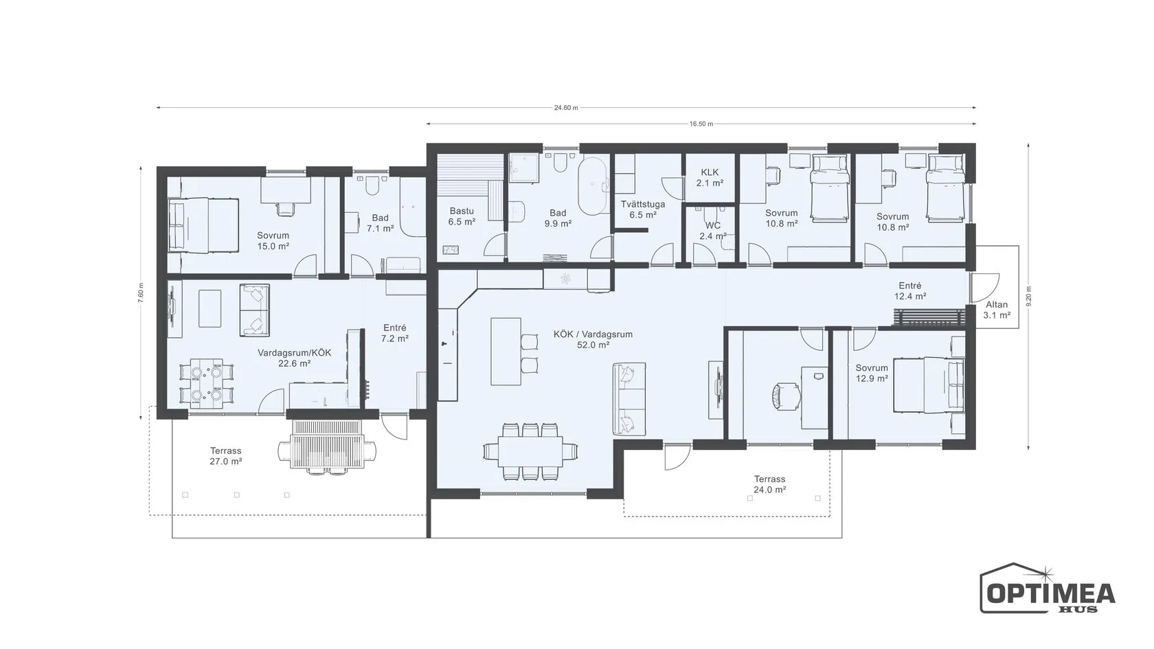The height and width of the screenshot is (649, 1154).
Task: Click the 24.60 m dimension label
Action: coord(566,108)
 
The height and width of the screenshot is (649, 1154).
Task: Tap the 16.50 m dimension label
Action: coord(701,124)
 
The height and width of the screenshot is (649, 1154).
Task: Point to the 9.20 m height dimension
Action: coord(1029,296)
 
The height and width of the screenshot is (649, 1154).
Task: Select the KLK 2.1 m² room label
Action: coord(710,177)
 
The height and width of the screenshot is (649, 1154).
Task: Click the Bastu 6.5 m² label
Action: coord(462,216)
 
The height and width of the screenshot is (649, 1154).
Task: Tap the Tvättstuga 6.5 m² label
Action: coord(642,209)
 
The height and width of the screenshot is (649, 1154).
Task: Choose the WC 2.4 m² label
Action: coord(712,231)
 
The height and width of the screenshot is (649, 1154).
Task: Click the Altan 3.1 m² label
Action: coord(996,310)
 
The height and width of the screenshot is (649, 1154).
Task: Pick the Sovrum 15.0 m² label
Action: coord(273,240)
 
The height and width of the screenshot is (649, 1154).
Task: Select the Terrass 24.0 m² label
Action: coord(769,484)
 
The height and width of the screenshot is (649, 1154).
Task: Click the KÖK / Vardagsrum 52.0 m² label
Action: coord(593,339)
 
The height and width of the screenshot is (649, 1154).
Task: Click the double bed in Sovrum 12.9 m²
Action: coord(929,385)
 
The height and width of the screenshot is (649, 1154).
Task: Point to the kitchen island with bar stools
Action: coord(506,352)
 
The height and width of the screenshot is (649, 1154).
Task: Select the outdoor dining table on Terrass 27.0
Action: coord(327,444)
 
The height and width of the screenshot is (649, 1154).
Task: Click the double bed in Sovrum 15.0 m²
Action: coord(203,225)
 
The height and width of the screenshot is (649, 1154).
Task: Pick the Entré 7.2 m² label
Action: coord(394,332)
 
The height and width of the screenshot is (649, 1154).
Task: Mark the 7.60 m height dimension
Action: coord(141,293)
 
